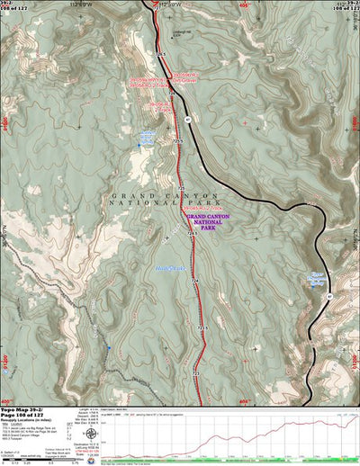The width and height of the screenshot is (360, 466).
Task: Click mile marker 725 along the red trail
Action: (x=196, y=371)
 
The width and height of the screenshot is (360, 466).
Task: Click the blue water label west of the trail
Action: (x=146, y=138)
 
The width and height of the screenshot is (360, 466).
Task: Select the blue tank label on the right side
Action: (x=316, y=278)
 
